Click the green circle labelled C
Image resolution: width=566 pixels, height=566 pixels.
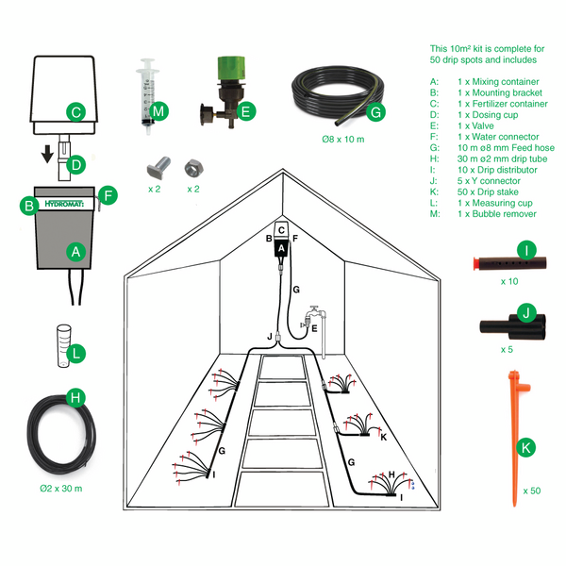point(75,112)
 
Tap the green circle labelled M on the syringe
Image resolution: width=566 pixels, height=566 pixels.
point(158,112)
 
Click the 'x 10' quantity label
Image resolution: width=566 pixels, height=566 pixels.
point(509,281)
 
